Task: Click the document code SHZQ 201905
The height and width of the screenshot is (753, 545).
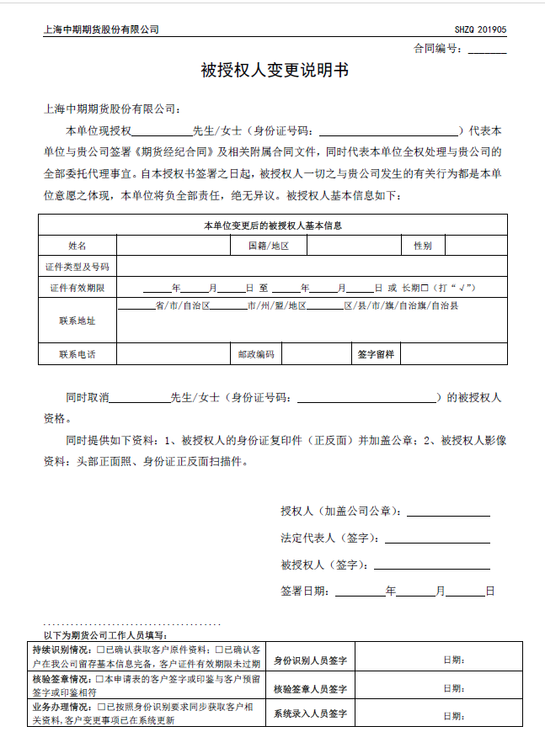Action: click(480, 29)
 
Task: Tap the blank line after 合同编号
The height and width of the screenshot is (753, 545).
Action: click(487, 50)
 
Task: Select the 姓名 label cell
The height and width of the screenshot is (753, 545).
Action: click(77, 246)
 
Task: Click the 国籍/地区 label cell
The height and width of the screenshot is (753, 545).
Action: click(268, 246)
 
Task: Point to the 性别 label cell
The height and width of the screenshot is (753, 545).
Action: click(422, 246)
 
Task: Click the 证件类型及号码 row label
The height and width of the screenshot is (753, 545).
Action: click(77, 267)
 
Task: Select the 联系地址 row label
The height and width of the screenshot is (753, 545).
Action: click(77, 321)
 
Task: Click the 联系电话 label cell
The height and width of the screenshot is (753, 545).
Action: click(77, 354)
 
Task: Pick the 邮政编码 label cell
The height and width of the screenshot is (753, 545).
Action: click(256, 354)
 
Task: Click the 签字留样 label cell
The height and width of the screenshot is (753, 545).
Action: click(375, 354)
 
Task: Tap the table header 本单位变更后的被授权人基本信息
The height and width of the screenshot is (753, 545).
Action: click(273, 225)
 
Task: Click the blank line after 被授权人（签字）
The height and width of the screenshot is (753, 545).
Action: click(431, 565)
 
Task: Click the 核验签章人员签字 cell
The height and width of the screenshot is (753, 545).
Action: click(311, 689)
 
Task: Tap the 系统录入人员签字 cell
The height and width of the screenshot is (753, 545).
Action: click(311, 715)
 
